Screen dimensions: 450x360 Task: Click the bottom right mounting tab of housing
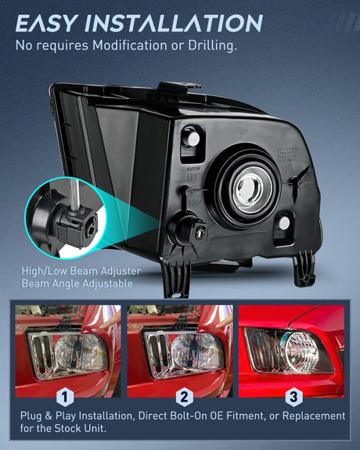click(304, 268)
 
